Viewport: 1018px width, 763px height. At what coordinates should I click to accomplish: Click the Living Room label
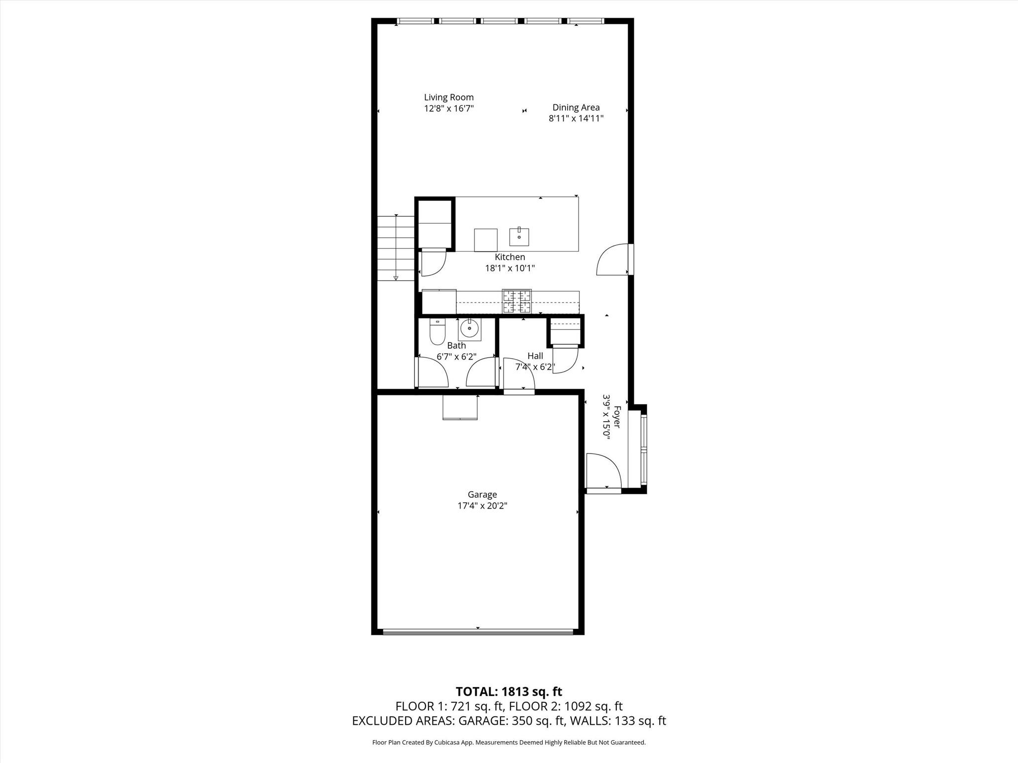tap(449, 97)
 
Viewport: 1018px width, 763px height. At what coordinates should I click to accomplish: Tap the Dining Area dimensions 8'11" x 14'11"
tap(576, 118)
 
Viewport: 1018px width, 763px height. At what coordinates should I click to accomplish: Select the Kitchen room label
tap(510, 257)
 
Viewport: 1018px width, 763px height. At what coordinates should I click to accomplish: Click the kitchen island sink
tap(519, 237)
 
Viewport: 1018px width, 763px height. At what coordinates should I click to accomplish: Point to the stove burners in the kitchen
tap(517, 301)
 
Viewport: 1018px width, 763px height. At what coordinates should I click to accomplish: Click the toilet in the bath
tap(437, 331)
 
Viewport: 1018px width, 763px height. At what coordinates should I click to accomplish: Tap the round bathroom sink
tap(469, 328)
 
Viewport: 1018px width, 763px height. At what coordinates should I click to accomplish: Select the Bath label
tap(456, 345)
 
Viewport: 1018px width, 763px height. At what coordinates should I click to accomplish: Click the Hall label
tap(535, 356)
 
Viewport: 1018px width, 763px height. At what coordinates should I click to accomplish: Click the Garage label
tap(482, 494)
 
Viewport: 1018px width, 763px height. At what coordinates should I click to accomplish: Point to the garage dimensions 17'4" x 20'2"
tap(482, 506)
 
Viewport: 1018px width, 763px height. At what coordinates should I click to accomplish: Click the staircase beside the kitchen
tap(396, 248)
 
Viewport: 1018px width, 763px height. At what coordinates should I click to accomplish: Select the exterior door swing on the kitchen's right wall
tap(612, 259)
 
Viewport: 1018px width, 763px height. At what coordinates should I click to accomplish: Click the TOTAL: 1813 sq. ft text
tap(509, 691)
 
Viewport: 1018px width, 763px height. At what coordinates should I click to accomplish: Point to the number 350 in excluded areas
tap(521, 721)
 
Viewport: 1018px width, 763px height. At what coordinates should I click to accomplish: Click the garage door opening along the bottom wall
tap(478, 632)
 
